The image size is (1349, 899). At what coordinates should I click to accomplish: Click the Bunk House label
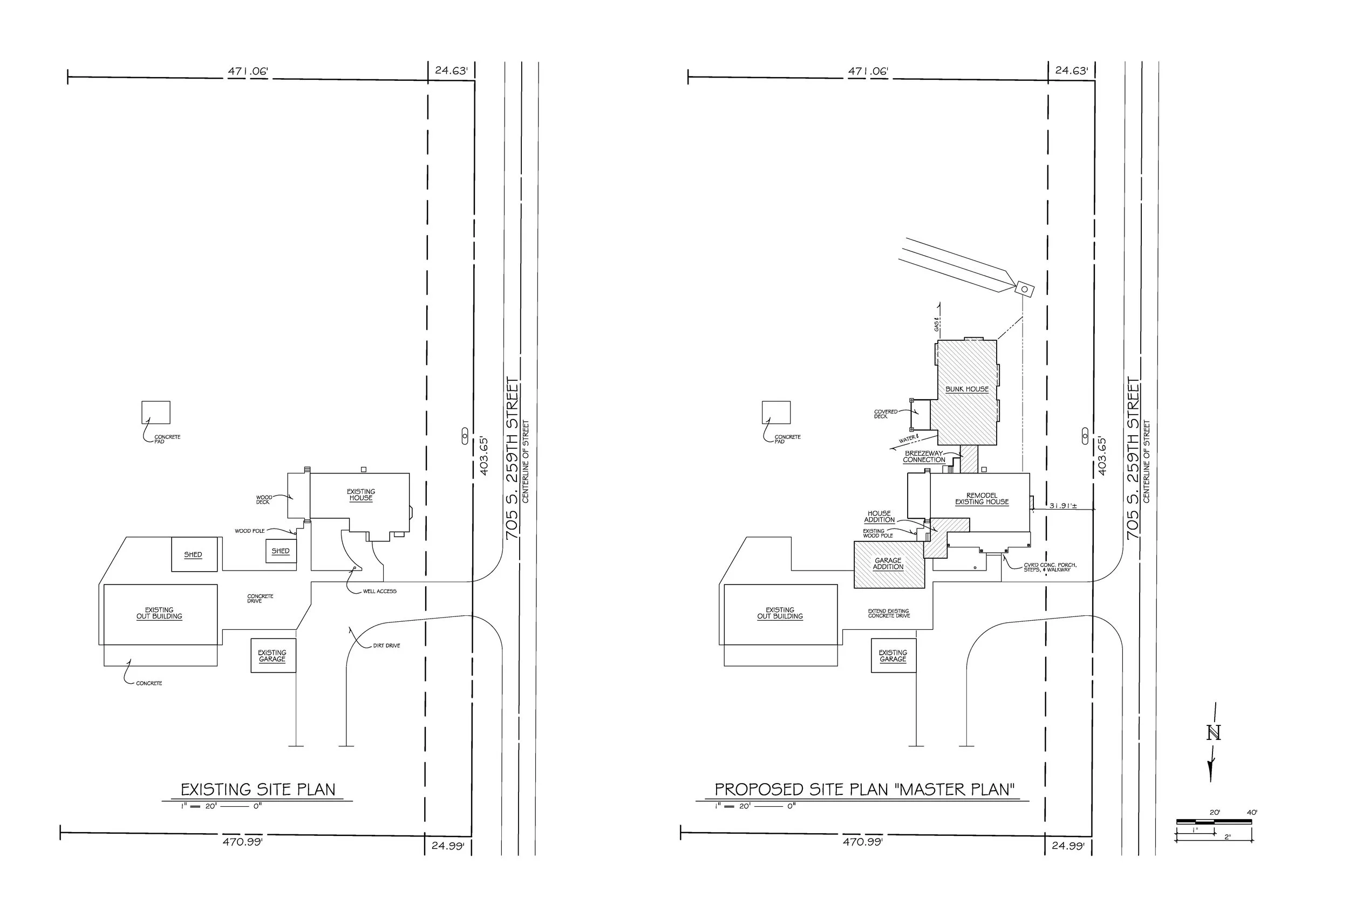pyautogui.click(x=966, y=389)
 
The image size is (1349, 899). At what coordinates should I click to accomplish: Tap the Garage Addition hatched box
pyautogui.click(x=888, y=565)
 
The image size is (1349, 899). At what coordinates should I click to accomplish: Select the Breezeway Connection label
pyautogui.click(x=923, y=456)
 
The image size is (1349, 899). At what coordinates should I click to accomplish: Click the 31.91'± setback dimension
pyautogui.click(x=1063, y=506)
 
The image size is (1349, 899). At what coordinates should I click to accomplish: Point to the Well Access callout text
pyautogui.click(x=379, y=591)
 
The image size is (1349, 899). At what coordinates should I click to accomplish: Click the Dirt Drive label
pyautogui.click(x=386, y=646)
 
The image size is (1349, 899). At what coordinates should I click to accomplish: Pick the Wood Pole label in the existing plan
pyautogui.click(x=249, y=531)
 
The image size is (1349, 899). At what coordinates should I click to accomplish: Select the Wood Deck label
pyautogui.click(x=264, y=500)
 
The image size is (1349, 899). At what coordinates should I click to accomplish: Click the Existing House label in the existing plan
pyautogui.click(x=361, y=495)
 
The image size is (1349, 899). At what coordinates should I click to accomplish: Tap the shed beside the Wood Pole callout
pyautogui.click(x=281, y=551)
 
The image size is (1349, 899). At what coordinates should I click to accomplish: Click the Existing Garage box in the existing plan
pyautogui.click(x=272, y=656)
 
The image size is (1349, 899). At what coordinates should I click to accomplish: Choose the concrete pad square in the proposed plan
pyautogui.click(x=776, y=412)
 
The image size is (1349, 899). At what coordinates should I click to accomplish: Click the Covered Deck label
pyautogui.click(x=885, y=414)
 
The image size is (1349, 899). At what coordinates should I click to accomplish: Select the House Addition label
pyautogui.click(x=879, y=517)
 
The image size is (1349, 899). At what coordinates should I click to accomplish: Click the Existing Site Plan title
pyautogui.click(x=258, y=790)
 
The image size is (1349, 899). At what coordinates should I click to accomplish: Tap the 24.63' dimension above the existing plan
pyautogui.click(x=451, y=71)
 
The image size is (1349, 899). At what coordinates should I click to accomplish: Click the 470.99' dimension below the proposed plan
pyautogui.click(x=862, y=842)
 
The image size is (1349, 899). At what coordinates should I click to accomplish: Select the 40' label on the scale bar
pyautogui.click(x=1251, y=812)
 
